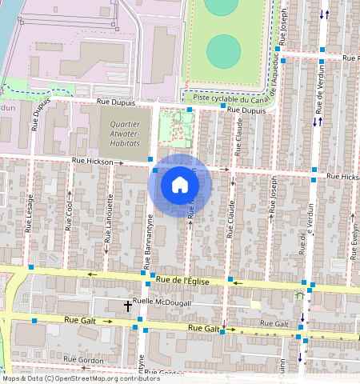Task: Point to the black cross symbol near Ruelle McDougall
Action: [127, 306]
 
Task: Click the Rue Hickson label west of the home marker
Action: [93, 161]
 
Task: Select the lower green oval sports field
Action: [223, 51]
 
